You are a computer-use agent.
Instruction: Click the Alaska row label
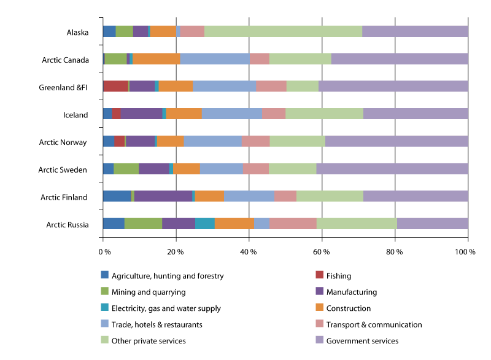point(77,32)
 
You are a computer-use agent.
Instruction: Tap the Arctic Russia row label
point(68,225)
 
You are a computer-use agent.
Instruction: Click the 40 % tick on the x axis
point(249,251)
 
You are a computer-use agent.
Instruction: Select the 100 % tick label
point(467,251)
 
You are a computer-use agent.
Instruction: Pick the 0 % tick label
point(104,251)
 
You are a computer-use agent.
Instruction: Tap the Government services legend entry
point(362,341)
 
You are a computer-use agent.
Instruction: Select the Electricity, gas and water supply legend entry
point(161,308)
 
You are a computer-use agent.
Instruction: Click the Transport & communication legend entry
point(374,324)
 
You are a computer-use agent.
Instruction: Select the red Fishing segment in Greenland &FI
point(115,86)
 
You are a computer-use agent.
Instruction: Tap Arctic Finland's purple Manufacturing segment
point(163,196)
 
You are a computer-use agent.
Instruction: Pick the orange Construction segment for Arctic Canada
point(156,59)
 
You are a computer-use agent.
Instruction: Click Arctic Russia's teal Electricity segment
point(204,224)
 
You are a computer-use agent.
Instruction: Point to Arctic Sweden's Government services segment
point(392,169)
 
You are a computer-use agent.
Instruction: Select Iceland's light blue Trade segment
point(232,114)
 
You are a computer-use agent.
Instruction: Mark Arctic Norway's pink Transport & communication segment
point(255,141)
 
